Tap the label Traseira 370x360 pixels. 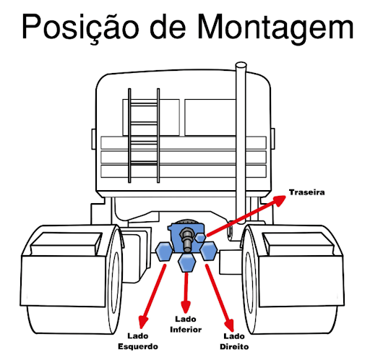(x=306, y=192)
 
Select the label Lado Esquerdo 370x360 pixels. (x=138, y=341)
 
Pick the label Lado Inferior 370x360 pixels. (x=186, y=324)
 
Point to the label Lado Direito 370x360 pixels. (x=234, y=341)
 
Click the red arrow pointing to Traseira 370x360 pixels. (x=246, y=215)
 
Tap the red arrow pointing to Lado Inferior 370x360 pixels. (x=186, y=293)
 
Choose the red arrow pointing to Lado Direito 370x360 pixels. (x=220, y=298)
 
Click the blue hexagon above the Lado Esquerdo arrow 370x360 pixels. (x=164, y=252)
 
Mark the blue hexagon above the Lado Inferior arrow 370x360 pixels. (x=187, y=262)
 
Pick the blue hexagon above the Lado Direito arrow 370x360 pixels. (x=209, y=251)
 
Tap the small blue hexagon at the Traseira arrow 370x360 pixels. (x=200, y=238)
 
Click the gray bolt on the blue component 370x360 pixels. (x=187, y=239)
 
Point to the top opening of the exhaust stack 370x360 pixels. (x=241, y=65)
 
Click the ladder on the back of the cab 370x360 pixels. (x=144, y=135)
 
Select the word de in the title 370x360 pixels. (x=168, y=27)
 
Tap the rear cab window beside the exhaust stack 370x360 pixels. (x=210, y=117)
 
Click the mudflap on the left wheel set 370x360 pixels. (x=63, y=280)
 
